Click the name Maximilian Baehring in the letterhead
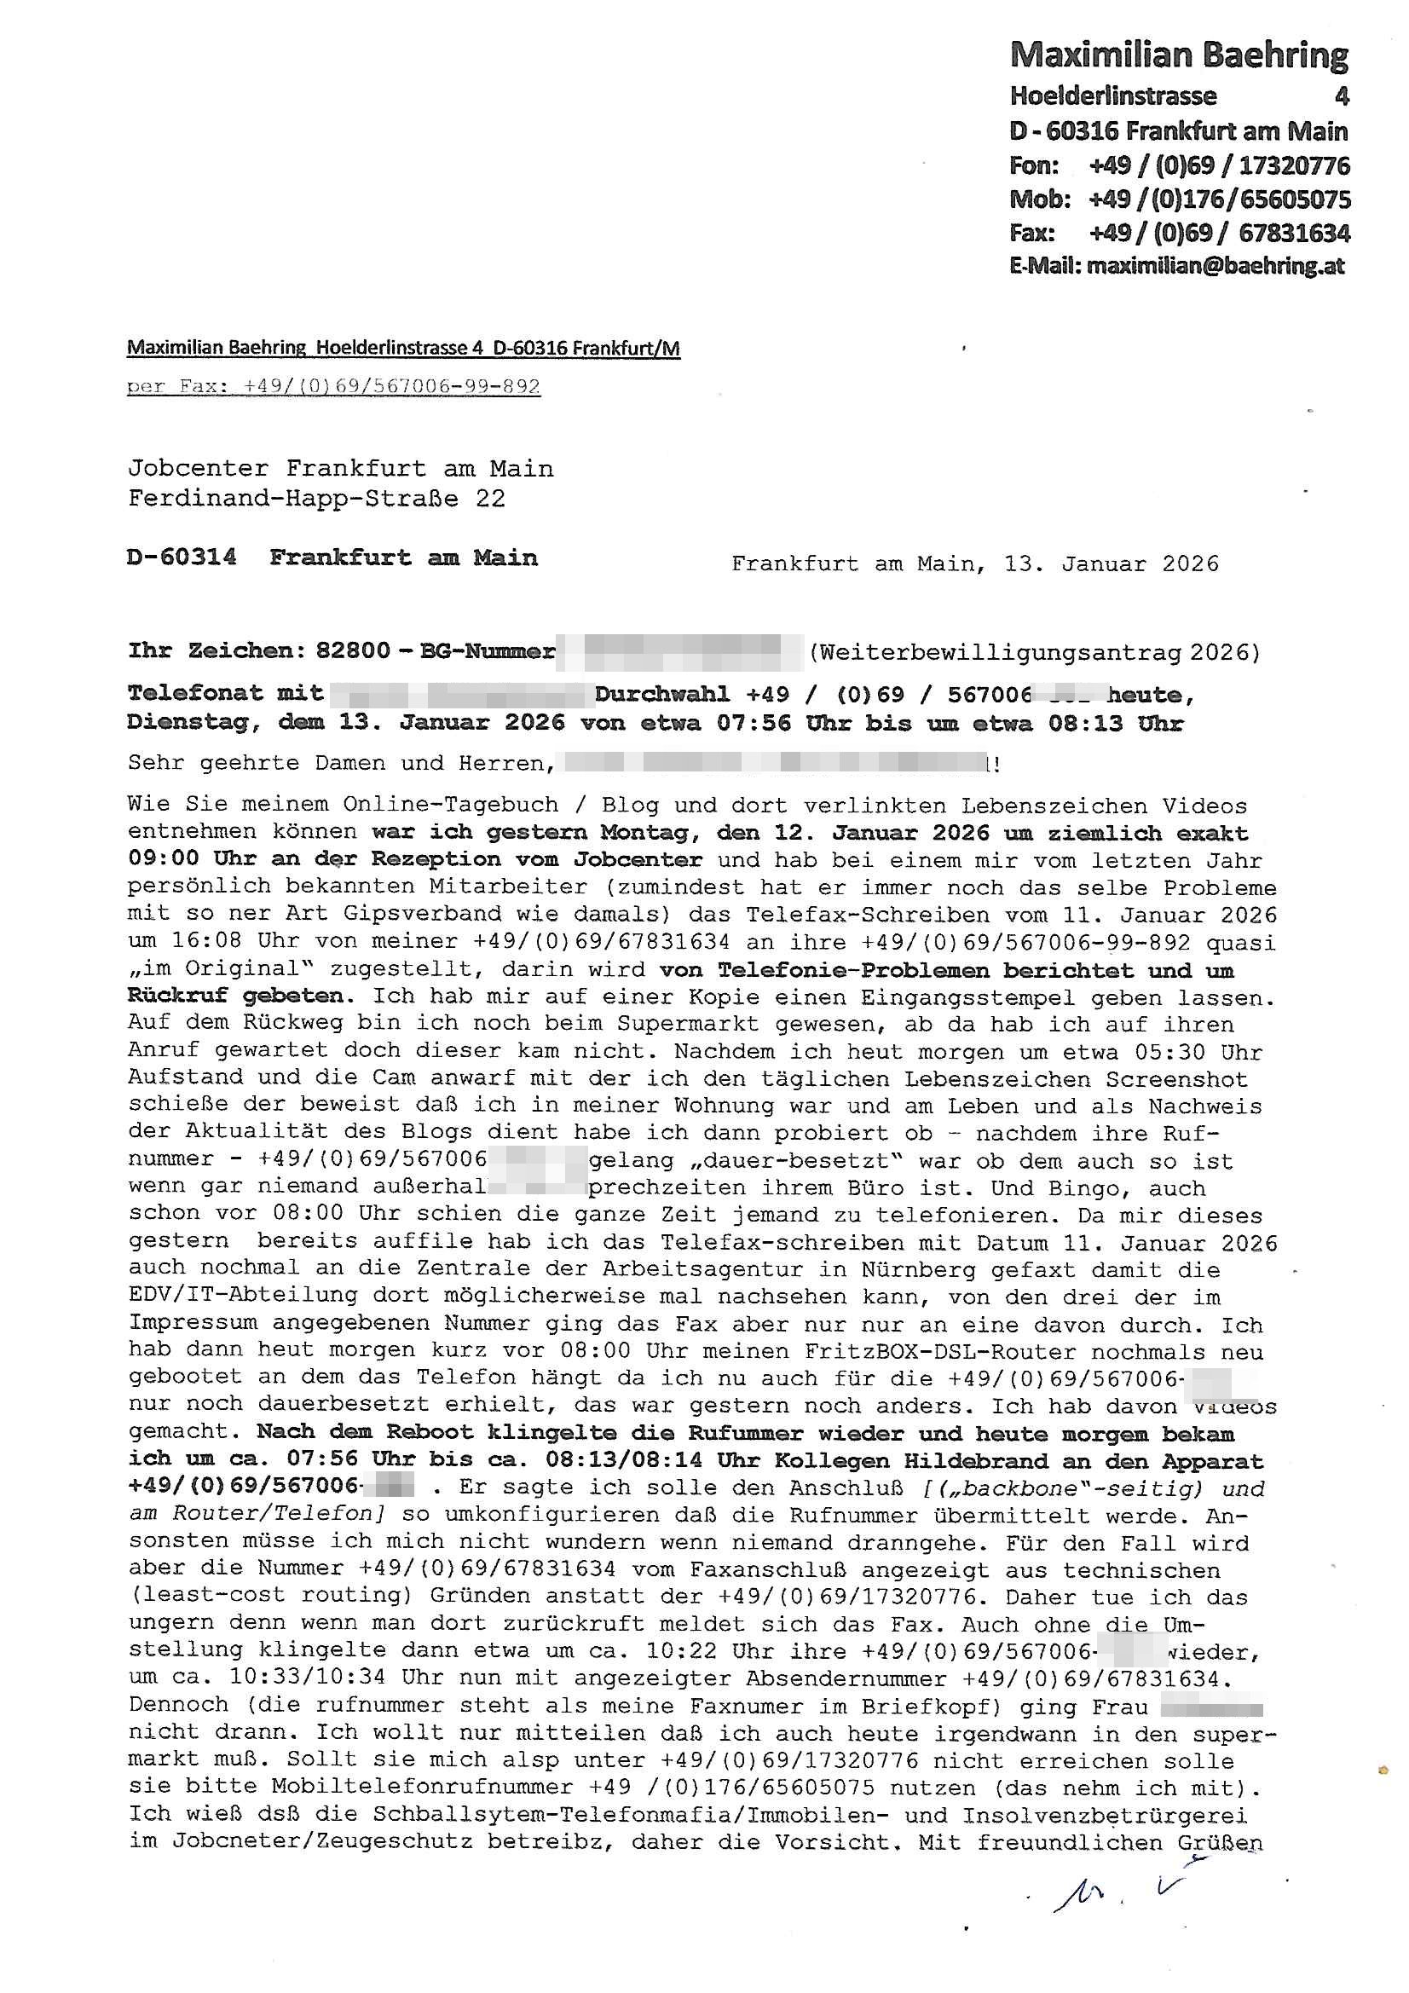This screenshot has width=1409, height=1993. coord(1178,55)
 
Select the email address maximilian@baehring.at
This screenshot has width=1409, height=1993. coord(1215,266)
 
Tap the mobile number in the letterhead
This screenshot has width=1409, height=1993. coord(1219,199)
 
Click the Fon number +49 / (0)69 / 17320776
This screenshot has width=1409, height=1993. coord(1219,165)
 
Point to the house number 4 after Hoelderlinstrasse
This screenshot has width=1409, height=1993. coord(1342,96)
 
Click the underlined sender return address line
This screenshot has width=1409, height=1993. coord(403,349)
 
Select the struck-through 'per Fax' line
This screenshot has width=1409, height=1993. coord(333,386)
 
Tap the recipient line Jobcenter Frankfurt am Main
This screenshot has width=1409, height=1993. coord(340,469)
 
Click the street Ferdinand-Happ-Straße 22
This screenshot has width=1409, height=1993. coord(316,498)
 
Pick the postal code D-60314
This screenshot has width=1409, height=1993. coord(182,557)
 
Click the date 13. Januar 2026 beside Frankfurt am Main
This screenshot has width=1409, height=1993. coord(1112,564)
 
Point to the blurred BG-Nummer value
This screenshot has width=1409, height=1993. coord(679,652)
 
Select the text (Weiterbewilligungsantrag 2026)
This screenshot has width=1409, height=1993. coord(1033,652)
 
